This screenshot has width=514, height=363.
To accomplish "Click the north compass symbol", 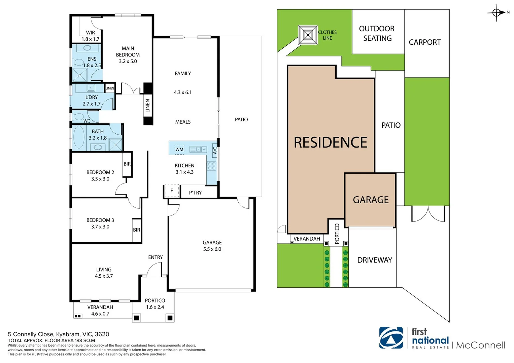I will pyautogui.click(x=496, y=13).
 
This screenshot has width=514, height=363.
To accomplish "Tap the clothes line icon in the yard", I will pyautogui.click(x=308, y=35).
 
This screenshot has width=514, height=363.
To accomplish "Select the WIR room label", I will pyautogui.click(x=91, y=33).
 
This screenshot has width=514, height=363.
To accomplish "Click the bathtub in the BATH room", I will pyautogui.click(x=79, y=137).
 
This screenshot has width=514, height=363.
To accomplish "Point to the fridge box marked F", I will pyautogui.click(x=171, y=191).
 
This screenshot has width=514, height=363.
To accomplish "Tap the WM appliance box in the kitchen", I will pyautogui.click(x=179, y=150).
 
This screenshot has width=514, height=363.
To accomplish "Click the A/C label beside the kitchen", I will pyautogui.click(x=215, y=151).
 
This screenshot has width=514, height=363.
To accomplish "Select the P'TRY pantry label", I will pyautogui.click(x=195, y=193).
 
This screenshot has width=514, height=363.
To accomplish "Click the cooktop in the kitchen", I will pyautogui.click(x=212, y=166).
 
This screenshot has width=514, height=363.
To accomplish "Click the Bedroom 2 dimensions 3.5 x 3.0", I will pyautogui.click(x=100, y=179).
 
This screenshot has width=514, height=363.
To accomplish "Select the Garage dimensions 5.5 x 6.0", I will pyautogui.click(x=212, y=249).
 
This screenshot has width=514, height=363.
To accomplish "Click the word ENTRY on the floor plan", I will pyautogui.click(x=156, y=257).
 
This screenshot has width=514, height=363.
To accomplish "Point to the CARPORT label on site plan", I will pyautogui.click(x=424, y=42).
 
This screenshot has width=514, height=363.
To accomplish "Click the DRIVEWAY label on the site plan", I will pyautogui.click(x=375, y=260).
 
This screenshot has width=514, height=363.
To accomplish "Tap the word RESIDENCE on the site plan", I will pyautogui.click(x=330, y=143).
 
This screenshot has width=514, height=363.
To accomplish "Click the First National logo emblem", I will pyautogui.click(x=391, y=338).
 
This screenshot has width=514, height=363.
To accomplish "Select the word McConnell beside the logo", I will pyautogui.click(x=480, y=345).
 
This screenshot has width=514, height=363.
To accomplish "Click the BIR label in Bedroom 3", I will pyautogui.click(x=136, y=230).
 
